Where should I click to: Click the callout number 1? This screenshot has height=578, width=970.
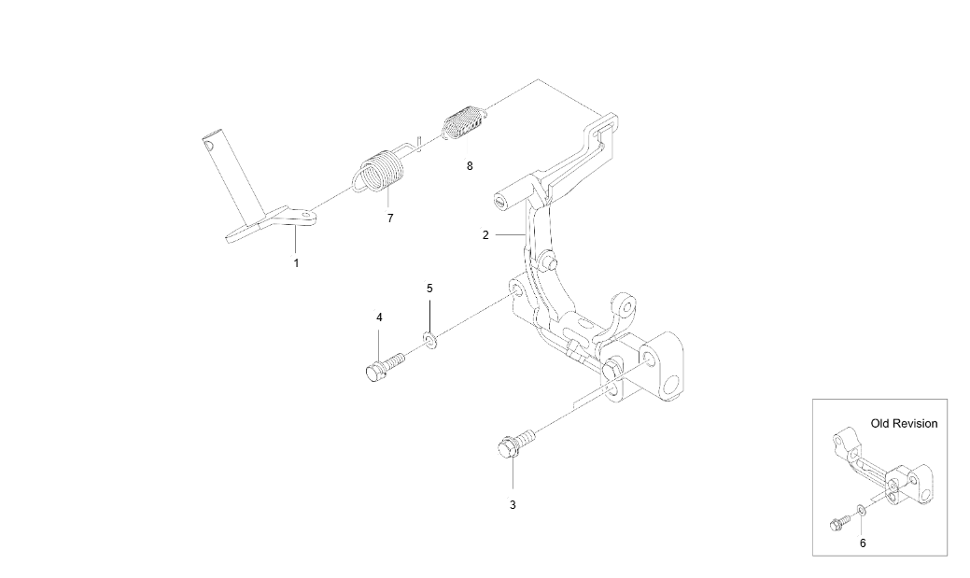point(296,263)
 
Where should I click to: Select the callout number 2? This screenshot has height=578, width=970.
point(485,235)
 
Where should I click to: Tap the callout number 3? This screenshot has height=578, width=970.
point(513,505)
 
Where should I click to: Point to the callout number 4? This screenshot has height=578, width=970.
point(379,317)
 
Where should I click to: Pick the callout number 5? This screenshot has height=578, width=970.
point(430,289)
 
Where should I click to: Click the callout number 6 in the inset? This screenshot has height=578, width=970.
point(863,543)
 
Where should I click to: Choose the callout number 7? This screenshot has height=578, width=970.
point(390,218)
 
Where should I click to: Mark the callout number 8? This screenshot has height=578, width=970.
point(470,166)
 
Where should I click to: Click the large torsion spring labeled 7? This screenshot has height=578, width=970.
point(379,170)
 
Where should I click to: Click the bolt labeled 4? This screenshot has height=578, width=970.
point(384,366)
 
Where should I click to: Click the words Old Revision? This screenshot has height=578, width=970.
point(904,424)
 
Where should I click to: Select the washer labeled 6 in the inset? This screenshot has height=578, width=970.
point(861,510)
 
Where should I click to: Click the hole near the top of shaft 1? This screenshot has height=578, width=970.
point(208,145)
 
